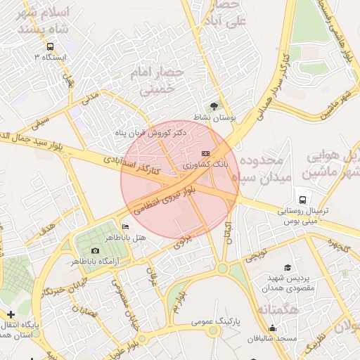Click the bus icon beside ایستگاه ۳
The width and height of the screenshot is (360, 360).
click(49, 46)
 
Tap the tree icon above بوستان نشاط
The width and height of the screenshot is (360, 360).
click(214, 105)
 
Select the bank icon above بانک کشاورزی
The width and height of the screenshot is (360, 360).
click(205, 153)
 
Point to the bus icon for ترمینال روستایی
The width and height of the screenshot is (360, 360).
click(302, 199)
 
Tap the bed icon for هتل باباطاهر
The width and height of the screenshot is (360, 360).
click(125, 227)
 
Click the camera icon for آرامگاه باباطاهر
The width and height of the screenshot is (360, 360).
click(96, 251)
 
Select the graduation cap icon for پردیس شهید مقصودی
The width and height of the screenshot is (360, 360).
click(287, 267)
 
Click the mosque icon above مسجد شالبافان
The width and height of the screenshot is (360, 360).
click(272, 328)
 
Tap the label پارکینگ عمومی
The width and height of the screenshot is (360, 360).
click(216, 321)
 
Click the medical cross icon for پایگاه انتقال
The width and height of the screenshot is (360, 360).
click(10, 314)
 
